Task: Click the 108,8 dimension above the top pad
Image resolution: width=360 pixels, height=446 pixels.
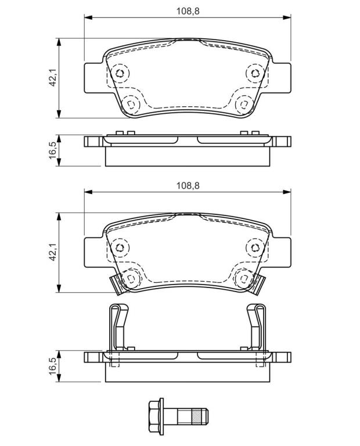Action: tap(188, 11)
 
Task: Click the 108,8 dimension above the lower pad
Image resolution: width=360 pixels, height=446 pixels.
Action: tap(188, 186)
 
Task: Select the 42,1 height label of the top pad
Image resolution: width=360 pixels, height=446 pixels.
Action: tap(52, 78)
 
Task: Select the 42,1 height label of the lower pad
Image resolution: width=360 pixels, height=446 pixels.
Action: tap(52, 252)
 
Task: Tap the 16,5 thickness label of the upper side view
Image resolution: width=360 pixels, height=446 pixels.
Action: tap(52, 151)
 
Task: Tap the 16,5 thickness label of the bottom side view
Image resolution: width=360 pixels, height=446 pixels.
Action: tap(52, 366)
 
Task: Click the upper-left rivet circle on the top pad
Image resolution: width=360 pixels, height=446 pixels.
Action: tap(120, 73)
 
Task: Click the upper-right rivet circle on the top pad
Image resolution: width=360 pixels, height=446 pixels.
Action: tap(255, 73)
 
